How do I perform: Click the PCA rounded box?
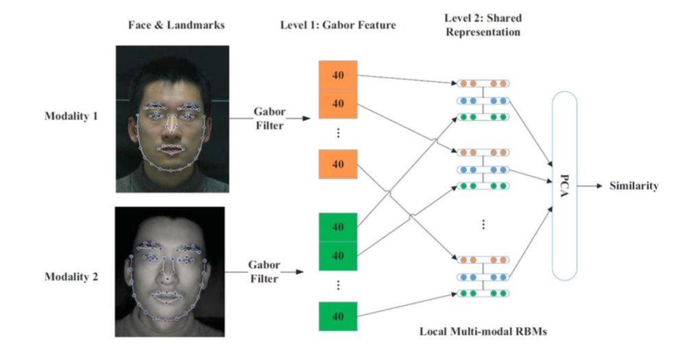point(564,185)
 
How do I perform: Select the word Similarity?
point(633,185)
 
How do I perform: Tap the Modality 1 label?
point(71,117)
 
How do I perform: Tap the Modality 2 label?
point(71,277)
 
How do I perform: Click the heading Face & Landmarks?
point(176,25)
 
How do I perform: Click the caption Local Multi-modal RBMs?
point(483,331)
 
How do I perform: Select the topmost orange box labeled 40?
point(338,75)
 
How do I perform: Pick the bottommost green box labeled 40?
point(338,316)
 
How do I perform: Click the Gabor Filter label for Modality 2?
point(263,271)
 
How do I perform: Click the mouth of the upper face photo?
point(169,147)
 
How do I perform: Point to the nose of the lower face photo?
point(167,274)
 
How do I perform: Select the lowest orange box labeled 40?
point(338,165)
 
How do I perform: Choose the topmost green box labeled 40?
point(338,228)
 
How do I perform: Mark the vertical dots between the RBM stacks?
point(483,225)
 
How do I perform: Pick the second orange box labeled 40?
point(338,104)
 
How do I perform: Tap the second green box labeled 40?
point(338,256)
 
